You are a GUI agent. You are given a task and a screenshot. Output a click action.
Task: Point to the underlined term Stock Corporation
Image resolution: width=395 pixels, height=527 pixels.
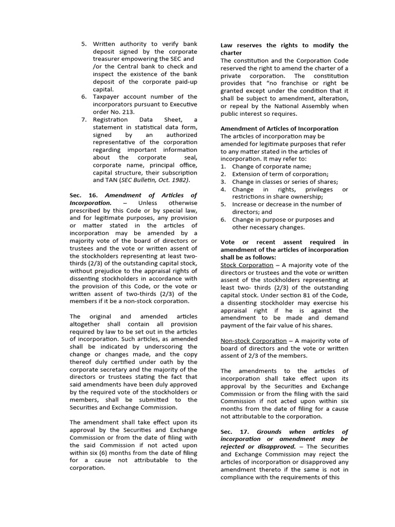(247, 265)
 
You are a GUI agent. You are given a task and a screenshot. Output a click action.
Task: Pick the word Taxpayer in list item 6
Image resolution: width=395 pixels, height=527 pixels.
(107, 97)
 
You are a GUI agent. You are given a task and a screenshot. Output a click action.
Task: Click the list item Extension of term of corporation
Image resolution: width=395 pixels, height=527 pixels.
(280, 174)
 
